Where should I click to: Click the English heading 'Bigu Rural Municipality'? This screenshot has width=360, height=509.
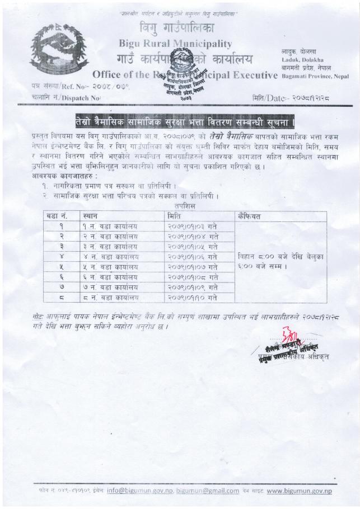175,43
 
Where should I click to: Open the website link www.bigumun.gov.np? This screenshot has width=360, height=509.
300,491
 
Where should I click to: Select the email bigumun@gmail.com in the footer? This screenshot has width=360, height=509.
208,491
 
